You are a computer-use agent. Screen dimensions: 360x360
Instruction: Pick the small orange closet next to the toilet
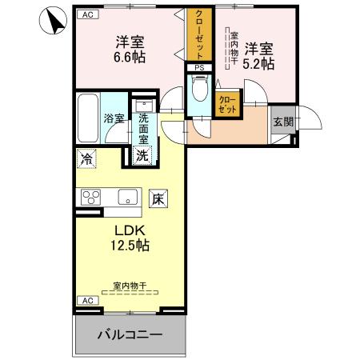[x=227, y=103]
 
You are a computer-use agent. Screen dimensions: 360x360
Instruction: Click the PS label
[x=199, y=68]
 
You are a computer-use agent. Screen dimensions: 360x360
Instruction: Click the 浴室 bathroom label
[x=113, y=118]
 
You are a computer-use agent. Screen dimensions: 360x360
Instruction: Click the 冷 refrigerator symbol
[x=86, y=158]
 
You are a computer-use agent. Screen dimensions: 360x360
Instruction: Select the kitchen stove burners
[x=89, y=197]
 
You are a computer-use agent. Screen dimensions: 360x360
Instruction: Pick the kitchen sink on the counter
[x=127, y=197]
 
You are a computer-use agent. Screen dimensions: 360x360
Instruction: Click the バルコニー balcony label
[x=130, y=334]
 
